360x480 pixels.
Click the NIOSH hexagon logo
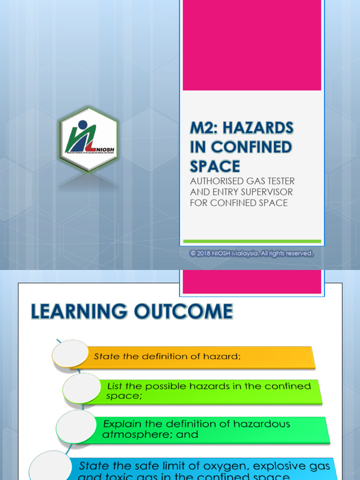click(88, 139)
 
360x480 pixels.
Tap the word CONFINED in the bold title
click(251, 147)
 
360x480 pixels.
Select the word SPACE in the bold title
click(215, 166)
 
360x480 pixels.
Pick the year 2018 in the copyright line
click(203, 253)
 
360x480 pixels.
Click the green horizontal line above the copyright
click(252, 241)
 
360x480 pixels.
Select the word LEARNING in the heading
click(79, 312)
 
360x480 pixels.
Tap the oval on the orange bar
click(70, 353)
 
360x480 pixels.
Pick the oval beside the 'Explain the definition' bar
click(76, 427)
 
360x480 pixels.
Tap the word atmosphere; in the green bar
click(135, 435)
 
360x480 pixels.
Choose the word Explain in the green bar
click(122, 424)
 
